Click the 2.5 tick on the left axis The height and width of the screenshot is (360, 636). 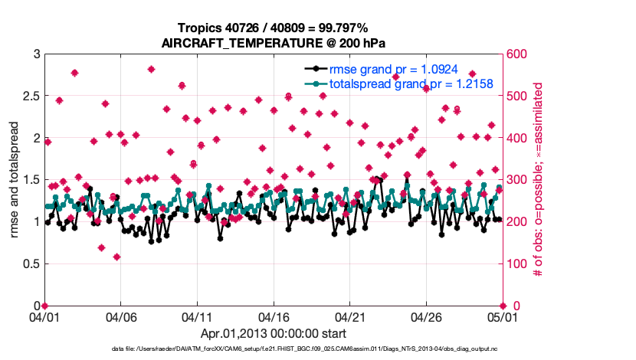(x=30, y=97)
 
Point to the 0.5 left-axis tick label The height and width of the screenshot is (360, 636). (x=30, y=264)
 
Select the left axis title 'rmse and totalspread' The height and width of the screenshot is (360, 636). (x=15, y=180)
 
